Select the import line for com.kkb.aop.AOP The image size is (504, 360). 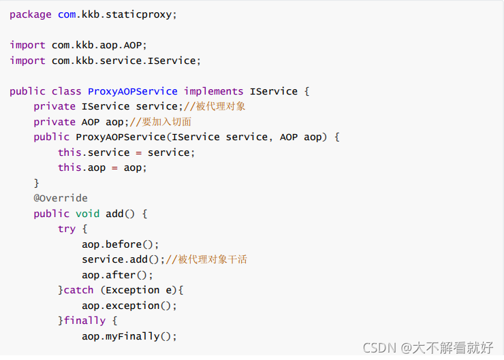(x=78, y=45)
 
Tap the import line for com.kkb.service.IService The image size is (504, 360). (x=106, y=61)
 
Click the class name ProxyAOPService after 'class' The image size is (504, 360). (x=133, y=91)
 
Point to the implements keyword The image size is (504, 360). (x=214, y=91)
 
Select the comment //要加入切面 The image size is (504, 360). (x=160, y=122)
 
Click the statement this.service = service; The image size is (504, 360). (x=127, y=152)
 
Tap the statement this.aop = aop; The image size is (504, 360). (x=102, y=167)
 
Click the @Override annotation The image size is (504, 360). (x=61, y=198)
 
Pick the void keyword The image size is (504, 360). (x=88, y=214)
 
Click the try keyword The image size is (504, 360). (x=67, y=229)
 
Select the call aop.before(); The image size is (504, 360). (x=121, y=244)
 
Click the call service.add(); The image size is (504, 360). (x=124, y=259)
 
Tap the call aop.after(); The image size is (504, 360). (x=118, y=275)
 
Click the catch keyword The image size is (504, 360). (x=78, y=290)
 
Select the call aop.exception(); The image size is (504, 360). (x=129, y=306)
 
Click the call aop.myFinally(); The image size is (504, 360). (x=129, y=336)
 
